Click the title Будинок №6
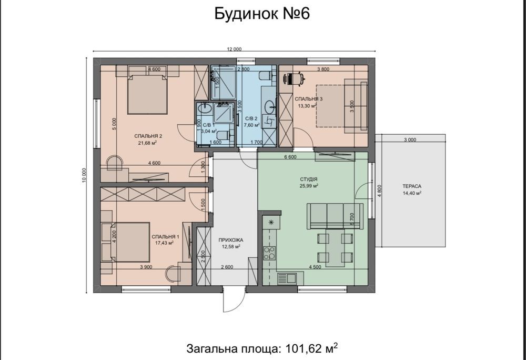[262, 14]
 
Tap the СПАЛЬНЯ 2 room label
[148, 136]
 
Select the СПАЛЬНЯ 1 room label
[165, 236]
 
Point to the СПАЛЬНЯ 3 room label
[309, 99]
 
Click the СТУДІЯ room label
[309, 179]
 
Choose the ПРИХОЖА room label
[231, 240]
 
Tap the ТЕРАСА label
[412, 186]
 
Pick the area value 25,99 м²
[309, 186]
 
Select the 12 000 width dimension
[234, 49]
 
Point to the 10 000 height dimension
[84, 175]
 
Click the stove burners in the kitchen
[269, 253]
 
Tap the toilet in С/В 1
[223, 135]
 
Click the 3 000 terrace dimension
[410, 140]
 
